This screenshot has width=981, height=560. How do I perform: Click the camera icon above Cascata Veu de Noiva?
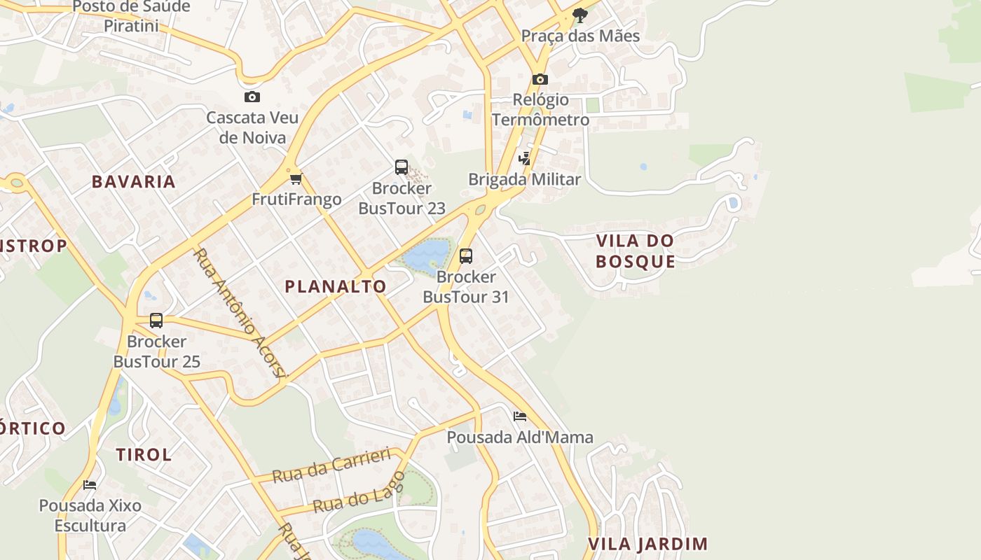(x=252, y=97)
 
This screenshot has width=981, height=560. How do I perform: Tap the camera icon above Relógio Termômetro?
(x=540, y=79)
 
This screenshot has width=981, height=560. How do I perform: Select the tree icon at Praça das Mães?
(x=579, y=15)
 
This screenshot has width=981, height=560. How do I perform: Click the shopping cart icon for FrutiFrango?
(x=296, y=178)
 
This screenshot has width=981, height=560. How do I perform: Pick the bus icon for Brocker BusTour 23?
(x=402, y=167)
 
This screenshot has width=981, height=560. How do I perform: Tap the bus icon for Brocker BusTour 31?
(x=466, y=256)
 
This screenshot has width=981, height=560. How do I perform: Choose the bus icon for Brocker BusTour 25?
(x=156, y=321)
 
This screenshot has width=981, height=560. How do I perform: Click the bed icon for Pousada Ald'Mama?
(x=520, y=416)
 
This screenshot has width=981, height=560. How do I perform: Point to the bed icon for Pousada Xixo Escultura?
(x=90, y=484)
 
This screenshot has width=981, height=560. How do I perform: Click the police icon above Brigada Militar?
(x=525, y=158)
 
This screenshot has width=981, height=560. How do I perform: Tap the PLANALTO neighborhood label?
(x=336, y=286)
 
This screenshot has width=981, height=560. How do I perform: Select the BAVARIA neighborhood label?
(x=134, y=182)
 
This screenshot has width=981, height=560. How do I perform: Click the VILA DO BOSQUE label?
(x=636, y=251)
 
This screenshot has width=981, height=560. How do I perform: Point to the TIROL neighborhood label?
(x=144, y=455)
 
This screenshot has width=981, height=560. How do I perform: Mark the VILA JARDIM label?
(x=647, y=544)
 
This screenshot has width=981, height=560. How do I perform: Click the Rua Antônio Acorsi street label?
(x=240, y=313)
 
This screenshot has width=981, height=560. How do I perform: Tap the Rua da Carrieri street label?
(x=331, y=465)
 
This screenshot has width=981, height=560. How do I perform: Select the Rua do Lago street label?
(x=359, y=493)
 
